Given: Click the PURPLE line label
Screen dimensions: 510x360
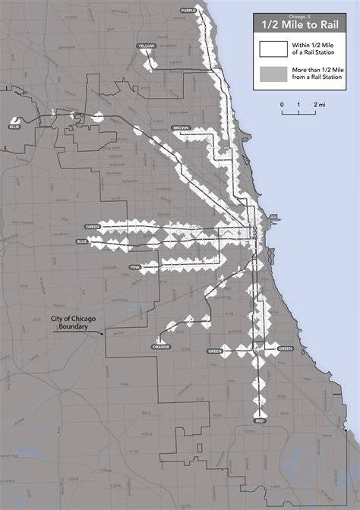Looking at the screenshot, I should [187, 9].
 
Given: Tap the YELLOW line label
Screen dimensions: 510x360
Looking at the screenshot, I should [146, 47].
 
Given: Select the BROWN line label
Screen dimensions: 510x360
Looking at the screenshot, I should [181, 128].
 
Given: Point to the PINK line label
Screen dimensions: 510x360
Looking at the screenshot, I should [136, 268].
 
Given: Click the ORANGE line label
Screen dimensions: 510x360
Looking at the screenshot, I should [161, 347].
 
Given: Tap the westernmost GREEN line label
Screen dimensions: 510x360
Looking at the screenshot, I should [93, 226].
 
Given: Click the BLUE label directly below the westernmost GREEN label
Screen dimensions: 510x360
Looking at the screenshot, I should [82, 241].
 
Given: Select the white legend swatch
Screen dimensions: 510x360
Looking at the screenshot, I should [270, 49].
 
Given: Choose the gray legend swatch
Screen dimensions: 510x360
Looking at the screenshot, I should [270, 74].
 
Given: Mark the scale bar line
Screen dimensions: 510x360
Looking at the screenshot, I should [301, 112].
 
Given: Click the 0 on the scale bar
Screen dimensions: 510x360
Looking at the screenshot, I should [282, 104].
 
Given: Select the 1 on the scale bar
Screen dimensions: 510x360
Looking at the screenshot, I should [301, 104].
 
